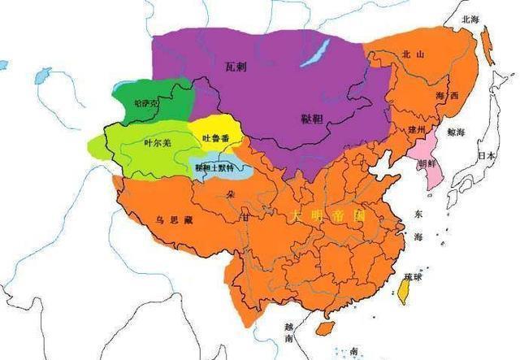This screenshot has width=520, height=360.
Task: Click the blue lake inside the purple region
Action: coord(314,52)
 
